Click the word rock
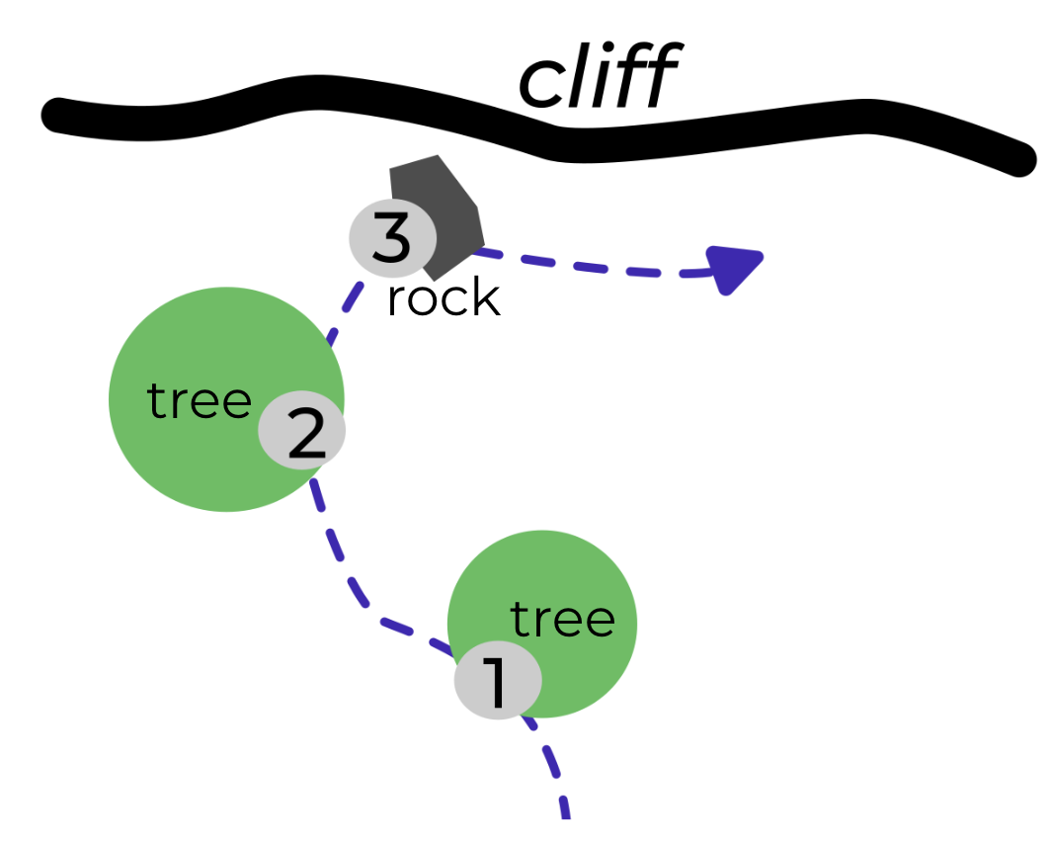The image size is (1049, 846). (443, 297)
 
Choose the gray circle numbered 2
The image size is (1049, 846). (302, 430)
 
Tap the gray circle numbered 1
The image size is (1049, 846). (497, 680)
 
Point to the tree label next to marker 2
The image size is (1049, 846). (200, 401)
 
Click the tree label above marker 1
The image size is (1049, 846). (562, 619)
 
